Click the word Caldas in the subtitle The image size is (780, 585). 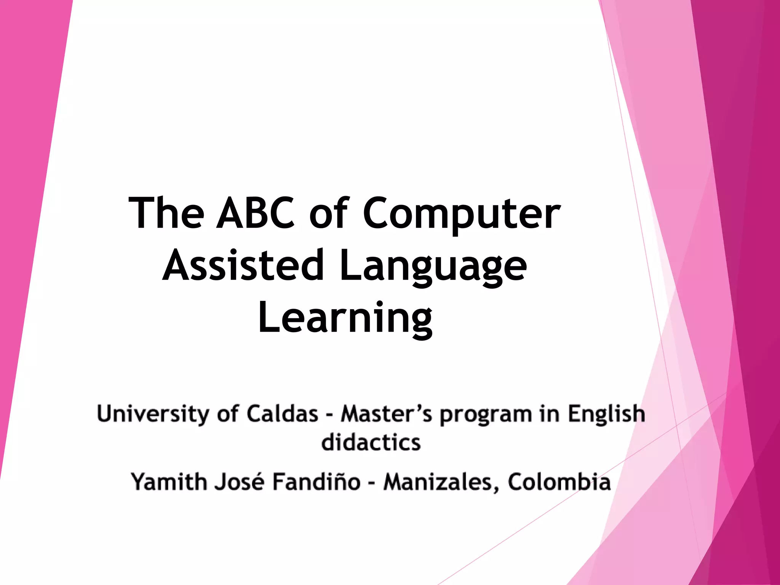click(x=282, y=414)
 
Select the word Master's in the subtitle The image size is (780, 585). click(x=386, y=414)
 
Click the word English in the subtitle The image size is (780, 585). click(x=606, y=414)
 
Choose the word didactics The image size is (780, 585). click(x=371, y=443)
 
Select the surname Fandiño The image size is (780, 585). click(x=316, y=482)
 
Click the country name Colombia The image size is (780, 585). click(x=559, y=482)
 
